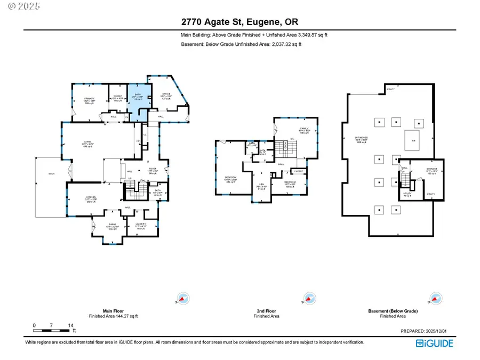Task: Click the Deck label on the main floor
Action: point(52,173)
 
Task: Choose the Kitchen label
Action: point(91,199)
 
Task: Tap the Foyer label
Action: point(152,171)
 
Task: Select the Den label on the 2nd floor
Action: point(261,187)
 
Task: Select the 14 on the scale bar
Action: point(71,325)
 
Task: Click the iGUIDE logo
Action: point(435,343)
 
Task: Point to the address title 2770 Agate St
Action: point(239,22)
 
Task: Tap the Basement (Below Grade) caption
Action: point(393,311)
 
